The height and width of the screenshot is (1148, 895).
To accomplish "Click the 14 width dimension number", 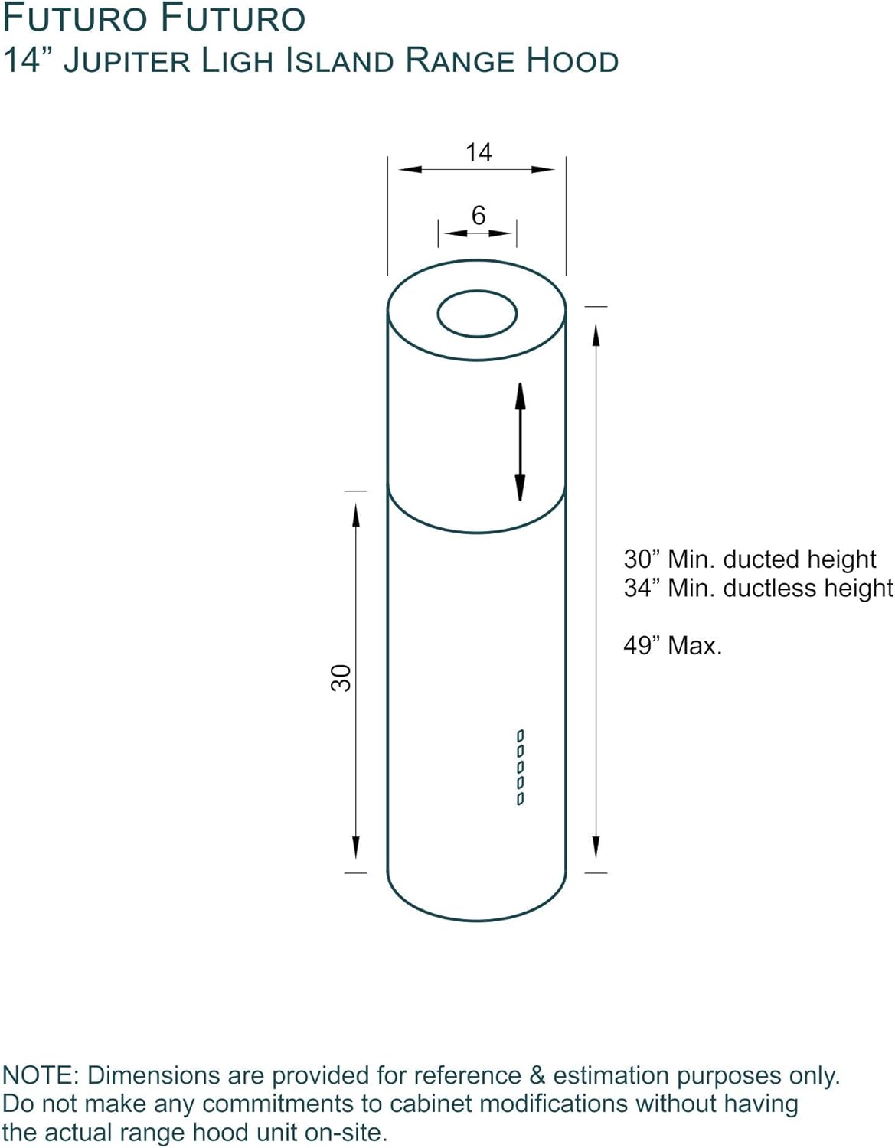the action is (479, 152).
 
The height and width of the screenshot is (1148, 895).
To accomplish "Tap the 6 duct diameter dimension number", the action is (479, 216).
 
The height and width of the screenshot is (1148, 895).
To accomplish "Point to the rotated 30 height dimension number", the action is (341, 678).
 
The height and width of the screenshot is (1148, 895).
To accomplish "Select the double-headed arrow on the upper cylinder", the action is (521, 442).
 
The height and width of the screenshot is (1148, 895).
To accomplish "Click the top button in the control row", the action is (521, 735).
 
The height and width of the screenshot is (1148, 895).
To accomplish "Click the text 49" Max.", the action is (672, 645).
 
